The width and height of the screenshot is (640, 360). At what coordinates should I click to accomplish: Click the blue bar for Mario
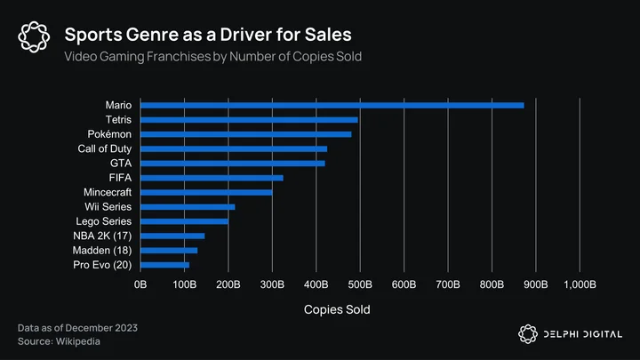tap(332, 105)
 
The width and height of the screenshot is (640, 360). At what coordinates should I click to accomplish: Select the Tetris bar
tap(249, 120)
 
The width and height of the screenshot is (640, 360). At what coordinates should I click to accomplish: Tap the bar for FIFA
tap(212, 178)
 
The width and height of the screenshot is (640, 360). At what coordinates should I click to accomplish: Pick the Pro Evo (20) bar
tap(165, 265)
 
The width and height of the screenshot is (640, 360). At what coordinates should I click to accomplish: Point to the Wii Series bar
tap(188, 207)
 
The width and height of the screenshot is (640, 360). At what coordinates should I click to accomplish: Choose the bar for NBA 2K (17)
tap(172, 236)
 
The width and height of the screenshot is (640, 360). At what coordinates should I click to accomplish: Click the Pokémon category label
tap(109, 134)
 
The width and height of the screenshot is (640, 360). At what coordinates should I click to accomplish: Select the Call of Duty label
tap(105, 149)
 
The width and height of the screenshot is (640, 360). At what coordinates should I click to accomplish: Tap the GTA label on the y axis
tap(121, 164)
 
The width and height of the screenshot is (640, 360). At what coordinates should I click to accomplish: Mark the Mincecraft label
tap(108, 192)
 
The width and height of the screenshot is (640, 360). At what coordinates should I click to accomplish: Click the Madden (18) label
tap(102, 250)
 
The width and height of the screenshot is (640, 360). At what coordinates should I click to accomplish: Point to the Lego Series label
tap(104, 221)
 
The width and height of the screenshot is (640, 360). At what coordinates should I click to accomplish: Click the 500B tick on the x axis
tap(360, 284)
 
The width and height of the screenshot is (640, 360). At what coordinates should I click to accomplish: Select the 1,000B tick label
tap(580, 284)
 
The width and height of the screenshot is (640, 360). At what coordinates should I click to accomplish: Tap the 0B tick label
tap(140, 284)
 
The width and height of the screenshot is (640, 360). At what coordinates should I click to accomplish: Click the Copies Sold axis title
tap(337, 309)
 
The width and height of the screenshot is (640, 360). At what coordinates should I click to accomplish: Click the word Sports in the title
tap(93, 35)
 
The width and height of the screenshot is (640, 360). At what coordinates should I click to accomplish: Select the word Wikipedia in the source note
tap(78, 341)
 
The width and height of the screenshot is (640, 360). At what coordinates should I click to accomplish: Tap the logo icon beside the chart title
tap(34, 36)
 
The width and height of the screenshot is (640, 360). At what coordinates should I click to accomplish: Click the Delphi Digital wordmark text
tap(583, 334)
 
